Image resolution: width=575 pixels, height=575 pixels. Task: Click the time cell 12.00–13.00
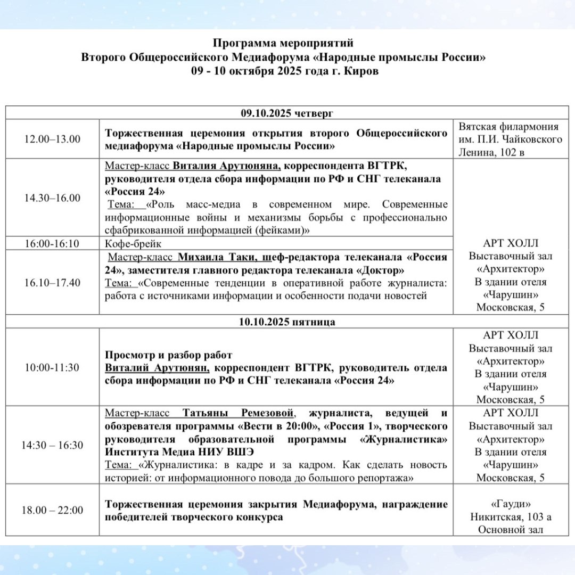click(52, 139)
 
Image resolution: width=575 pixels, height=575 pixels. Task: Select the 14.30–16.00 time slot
click(52, 198)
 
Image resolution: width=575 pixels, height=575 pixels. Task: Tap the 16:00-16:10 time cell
click(52, 244)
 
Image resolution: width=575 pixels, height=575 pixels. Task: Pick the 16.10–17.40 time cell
click(52, 282)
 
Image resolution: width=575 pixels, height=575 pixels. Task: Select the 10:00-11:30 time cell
click(52, 367)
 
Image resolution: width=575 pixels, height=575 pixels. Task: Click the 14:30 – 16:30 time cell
click(52, 445)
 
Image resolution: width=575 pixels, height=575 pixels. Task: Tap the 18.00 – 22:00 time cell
click(52, 510)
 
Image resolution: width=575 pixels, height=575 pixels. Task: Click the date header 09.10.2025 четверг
click(287, 113)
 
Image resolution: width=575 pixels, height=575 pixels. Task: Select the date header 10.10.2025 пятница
click(287, 322)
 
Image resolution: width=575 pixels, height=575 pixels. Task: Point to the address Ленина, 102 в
click(511, 152)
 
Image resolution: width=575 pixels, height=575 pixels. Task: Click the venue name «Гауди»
click(511, 504)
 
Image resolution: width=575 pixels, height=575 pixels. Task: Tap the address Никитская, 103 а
click(511, 516)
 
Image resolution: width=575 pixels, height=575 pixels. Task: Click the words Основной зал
click(511, 529)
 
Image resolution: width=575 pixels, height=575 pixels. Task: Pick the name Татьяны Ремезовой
click(238, 413)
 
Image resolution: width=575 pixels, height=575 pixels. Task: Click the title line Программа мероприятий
click(283, 43)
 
